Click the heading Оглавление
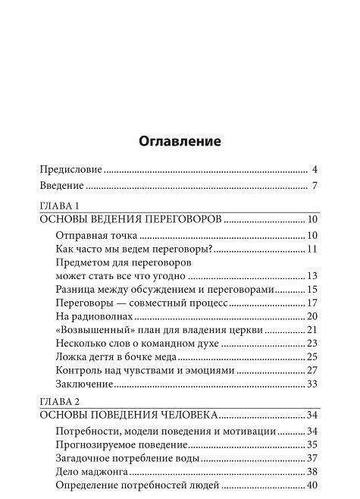[x=180, y=141]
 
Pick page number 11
[x=311, y=249]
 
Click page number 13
[x=311, y=275]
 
